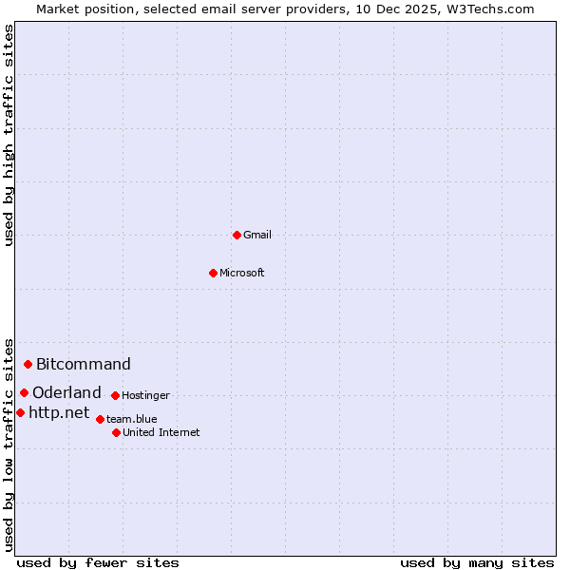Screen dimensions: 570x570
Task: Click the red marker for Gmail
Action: tap(237, 235)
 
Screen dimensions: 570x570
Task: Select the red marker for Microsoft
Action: tap(214, 273)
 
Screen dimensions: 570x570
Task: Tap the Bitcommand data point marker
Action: tap(28, 364)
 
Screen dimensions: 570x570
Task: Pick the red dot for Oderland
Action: tap(25, 392)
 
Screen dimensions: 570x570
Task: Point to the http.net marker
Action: tap(21, 412)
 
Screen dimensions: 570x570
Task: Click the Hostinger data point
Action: tap(115, 395)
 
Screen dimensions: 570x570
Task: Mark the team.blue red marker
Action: tap(100, 419)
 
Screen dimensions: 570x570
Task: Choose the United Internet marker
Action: tap(116, 432)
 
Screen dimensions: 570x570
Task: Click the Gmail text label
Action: tap(257, 235)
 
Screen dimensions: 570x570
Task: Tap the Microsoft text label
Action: tap(242, 273)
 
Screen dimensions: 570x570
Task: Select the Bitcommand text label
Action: tap(84, 364)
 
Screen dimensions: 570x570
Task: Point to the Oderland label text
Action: tap(66, 392)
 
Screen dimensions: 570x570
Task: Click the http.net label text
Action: tap(59, 412)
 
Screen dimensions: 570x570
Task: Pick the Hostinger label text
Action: tap(145, 395)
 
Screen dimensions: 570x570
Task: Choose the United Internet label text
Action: tap(161, 432)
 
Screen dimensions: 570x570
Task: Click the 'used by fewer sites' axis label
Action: tap(98, 562)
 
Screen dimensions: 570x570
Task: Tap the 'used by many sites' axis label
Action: tap(477, 562)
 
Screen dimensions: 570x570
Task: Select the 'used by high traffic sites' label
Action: tap(9, 135)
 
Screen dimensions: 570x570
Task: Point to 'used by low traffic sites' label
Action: tap(9, 444)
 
